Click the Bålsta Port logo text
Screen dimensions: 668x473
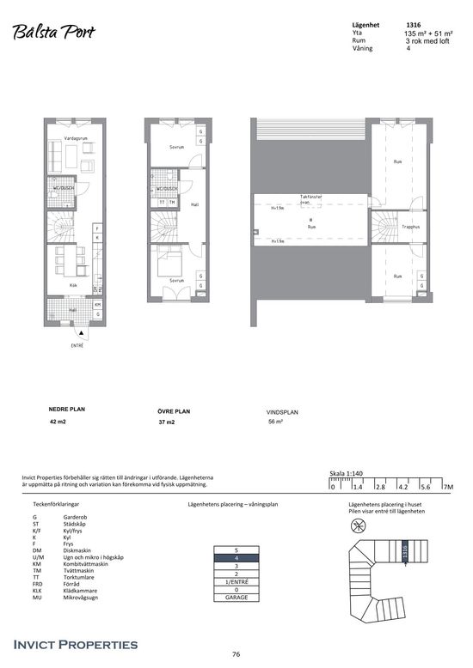tap(53, 32)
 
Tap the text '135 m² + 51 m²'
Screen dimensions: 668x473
tap(427, 33)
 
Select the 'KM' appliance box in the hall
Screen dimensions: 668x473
tap(97, 305)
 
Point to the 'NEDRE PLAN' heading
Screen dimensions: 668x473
tap(67, 410)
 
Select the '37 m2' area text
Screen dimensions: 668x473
tap(166, 423)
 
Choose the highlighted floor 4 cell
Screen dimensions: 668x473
tap(236, 557)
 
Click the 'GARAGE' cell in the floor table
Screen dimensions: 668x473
tap(236, 598)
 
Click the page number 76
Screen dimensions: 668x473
tap(236, 654)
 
